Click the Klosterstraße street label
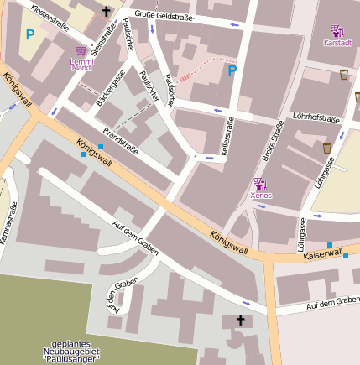pyautogui.click(x=47, y=14)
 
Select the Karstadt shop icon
pyautogui.click(x=337, y=31)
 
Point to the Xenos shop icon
pyautogui.click(x=258, y=184)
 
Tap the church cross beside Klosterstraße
pyautogui.click(x=107, y=12)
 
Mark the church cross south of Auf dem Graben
pyautogui.click(x=240, y=321)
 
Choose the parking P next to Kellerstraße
pyautogui.click(x=232, y=71)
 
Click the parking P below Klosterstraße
pyautogui.click(x=30, y=34)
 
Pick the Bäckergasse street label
pyautogui.click(x=111, y=89)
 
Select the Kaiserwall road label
pyautogui.click(x=323, y=253)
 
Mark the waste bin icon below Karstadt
pyautogui.click(x=344, y=75)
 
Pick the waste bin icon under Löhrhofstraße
pyautogui.click(x=327, y=149)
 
